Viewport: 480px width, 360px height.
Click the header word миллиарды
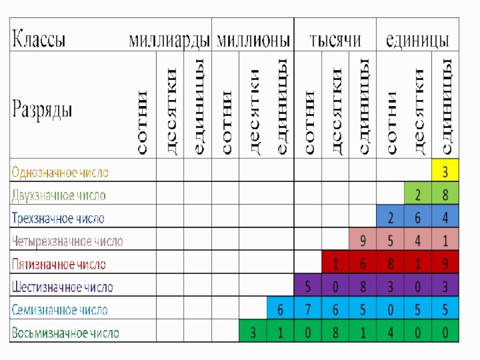[x=169, y=40]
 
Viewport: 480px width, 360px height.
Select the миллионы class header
[x=253, y=40]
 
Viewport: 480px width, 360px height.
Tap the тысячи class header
[x=335, y=40]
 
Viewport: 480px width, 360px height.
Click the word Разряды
[x=42, y=110]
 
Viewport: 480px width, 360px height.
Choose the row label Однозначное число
[x=60, y=173]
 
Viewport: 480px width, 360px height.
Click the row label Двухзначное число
[x=59, y=196]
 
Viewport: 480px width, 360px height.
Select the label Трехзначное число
[x=58, y=218]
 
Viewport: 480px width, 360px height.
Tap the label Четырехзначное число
[x=67, y=242]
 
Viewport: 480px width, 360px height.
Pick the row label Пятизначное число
[x=59, y=265]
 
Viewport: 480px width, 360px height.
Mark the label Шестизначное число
[x=62, y=287]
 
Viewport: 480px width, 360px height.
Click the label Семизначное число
[x=60, y=310]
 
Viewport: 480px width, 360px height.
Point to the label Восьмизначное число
[x=65, y=333]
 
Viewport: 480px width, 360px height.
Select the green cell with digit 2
[x=418, y=196]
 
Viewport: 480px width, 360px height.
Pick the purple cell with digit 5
[x=308, y=287]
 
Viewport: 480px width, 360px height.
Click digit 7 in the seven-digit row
[x=308, y=310]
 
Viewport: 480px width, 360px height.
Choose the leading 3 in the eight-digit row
[x=253, y=333]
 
